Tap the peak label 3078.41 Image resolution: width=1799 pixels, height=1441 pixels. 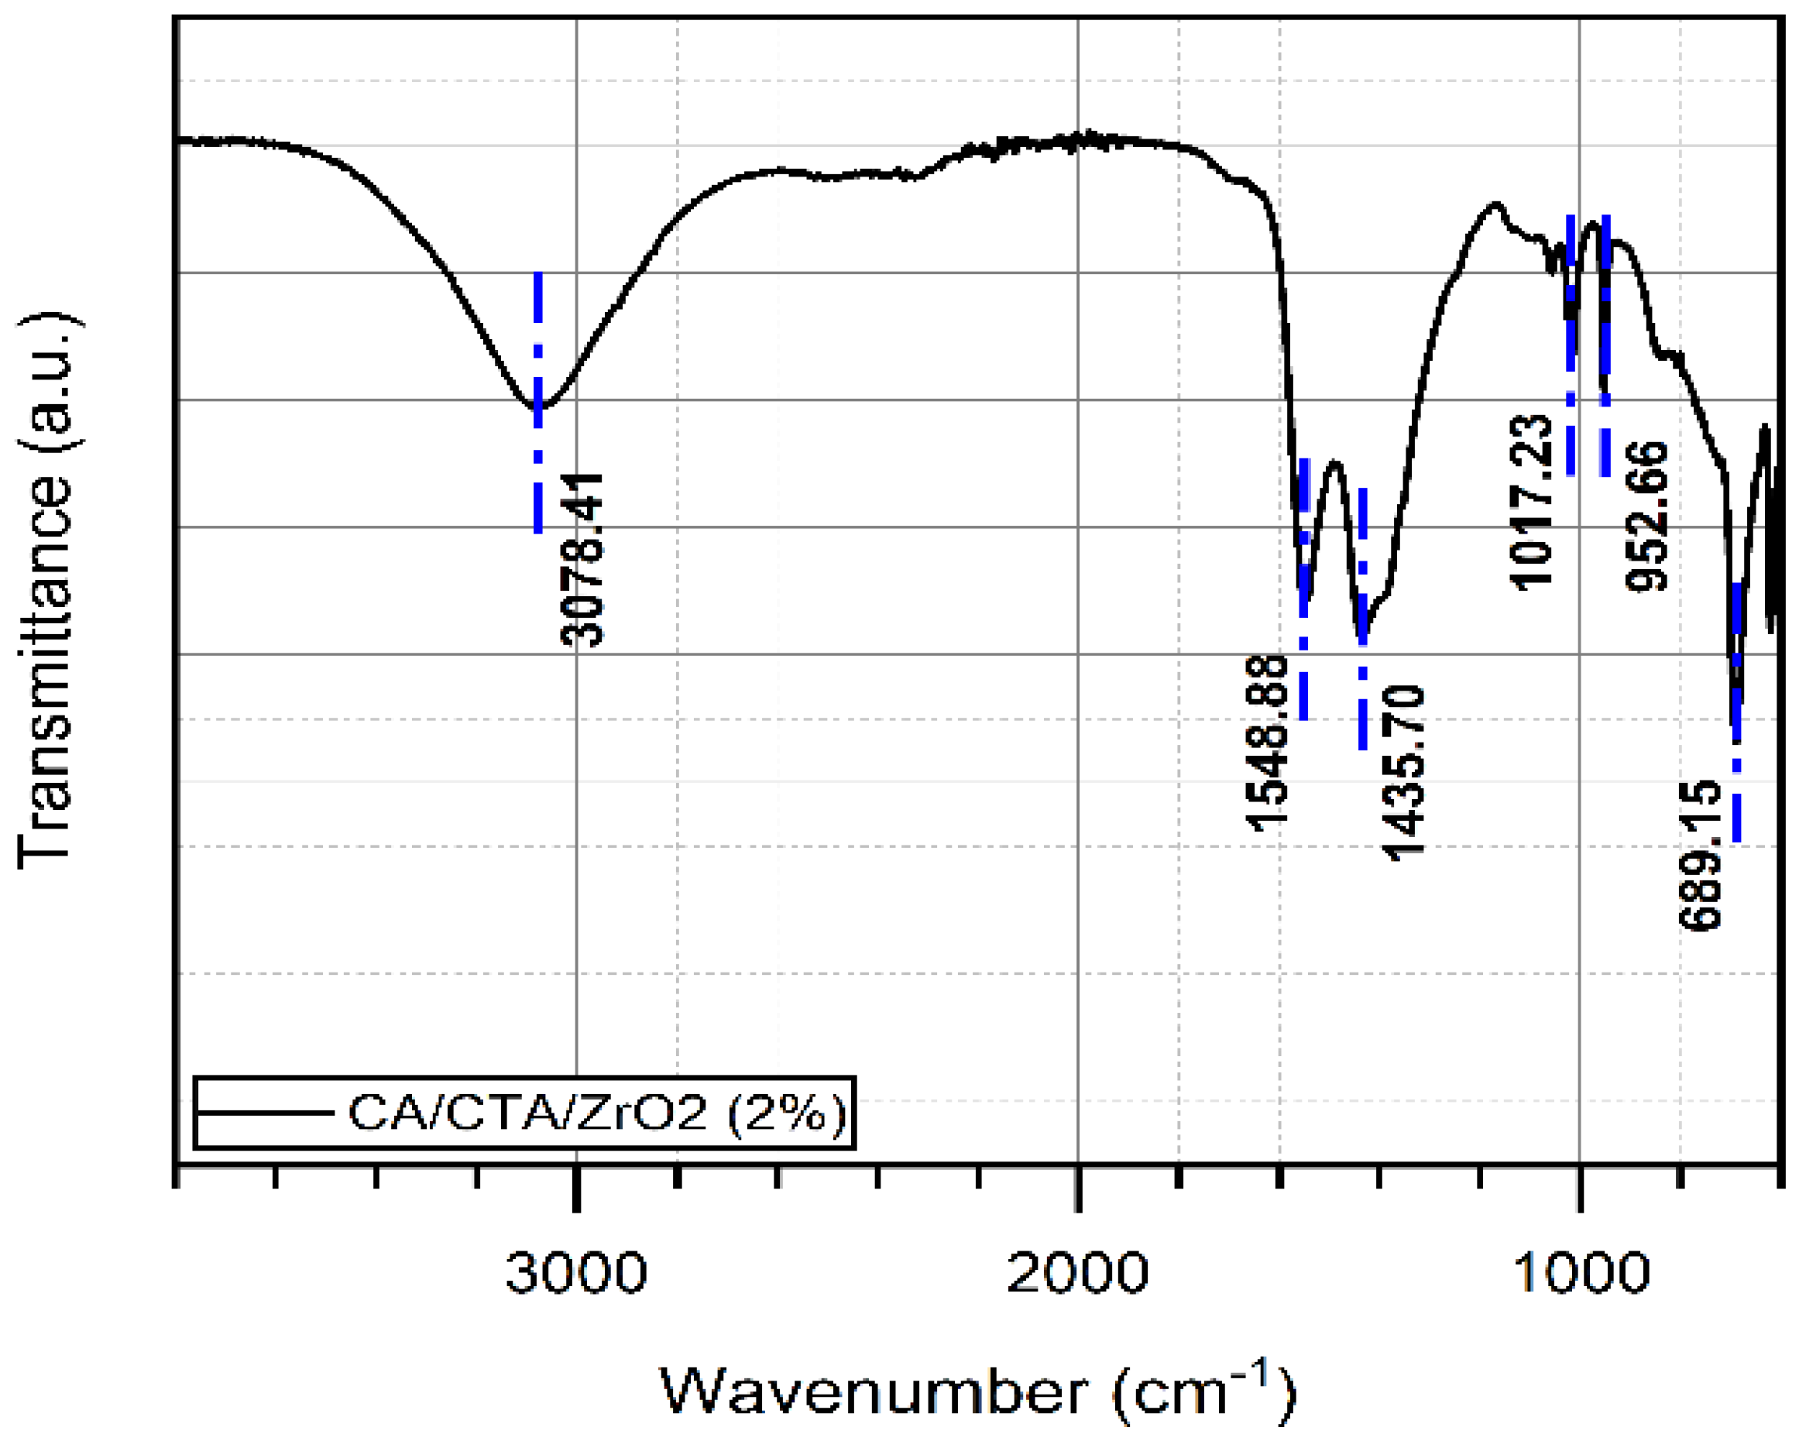pos(582,560)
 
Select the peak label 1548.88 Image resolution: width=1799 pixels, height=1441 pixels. pos(1267,743)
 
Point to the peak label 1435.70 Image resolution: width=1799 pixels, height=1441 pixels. pos(1403,773)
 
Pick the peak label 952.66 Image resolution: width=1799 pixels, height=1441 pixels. pos(1647,516)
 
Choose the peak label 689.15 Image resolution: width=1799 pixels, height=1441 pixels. pos(1701,856)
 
